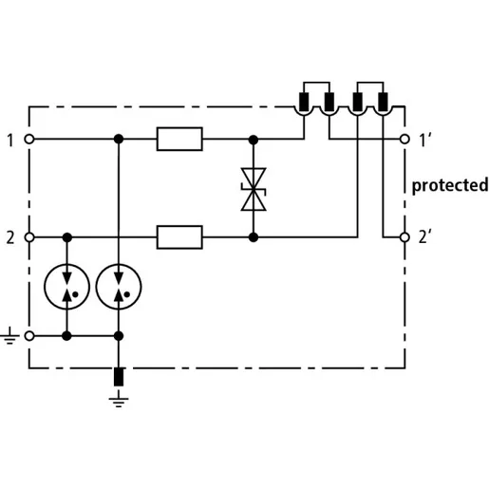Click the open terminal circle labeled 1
tap(29, 139)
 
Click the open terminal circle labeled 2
tap(29, 237)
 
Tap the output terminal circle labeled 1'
tap(404, 139)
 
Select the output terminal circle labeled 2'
tap(404, 237)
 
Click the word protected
tap(450, 185)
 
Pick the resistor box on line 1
tap(179, 139)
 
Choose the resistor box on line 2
tap(179, 237)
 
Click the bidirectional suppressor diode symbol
tap(254, 189)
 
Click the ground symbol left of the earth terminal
tap(9, 336)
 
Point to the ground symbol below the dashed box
tap(119, 399)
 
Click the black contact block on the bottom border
tap(119, 377)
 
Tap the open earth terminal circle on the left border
tap(29, 336)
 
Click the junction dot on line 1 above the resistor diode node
tap(254, 140)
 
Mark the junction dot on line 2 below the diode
tap(254, 237)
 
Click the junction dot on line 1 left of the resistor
tap(119, 139)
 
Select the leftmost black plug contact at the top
tap(304, 102)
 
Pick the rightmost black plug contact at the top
tap(383, 102)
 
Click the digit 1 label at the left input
tap(10, 141)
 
